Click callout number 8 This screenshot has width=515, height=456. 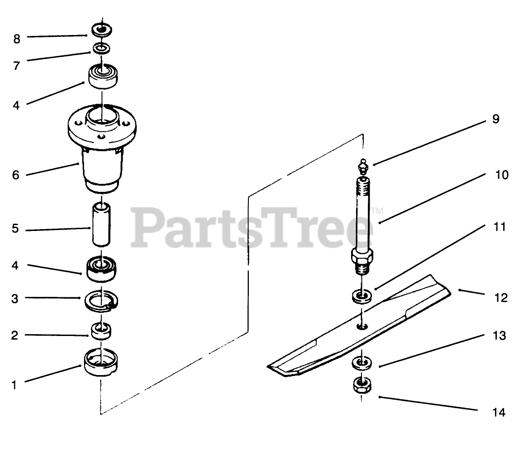pos(17,39)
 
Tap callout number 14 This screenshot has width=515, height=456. pos(499,412)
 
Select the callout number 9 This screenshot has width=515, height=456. pos(496,119)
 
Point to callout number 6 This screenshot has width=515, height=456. pos(16,175)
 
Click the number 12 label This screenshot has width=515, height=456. pos(501,297)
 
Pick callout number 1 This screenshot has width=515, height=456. pos(14,385)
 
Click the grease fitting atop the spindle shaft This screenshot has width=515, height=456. pos(363,167)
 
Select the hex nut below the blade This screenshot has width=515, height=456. pos(362,386)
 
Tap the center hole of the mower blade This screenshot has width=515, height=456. pos(362,326)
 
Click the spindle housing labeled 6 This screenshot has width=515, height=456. pos(102,148)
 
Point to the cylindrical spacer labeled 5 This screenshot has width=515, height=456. pos(101,225)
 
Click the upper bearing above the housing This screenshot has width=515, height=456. pos(103,76)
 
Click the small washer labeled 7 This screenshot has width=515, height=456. pos(101,49)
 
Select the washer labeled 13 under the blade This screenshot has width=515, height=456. pos(362,363)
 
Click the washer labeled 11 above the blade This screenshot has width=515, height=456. pos(362,296)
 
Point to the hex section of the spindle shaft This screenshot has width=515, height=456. pos(362,256)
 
